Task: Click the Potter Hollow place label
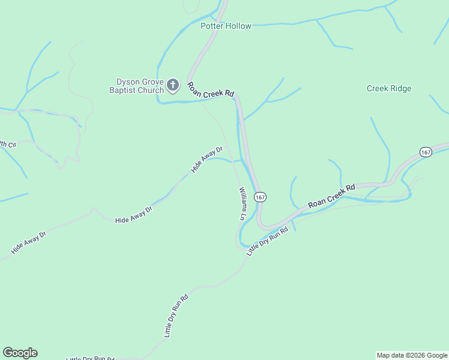(226, 26)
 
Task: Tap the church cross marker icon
(173, 85)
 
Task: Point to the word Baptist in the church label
(123, 90)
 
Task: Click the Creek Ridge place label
(389, 88)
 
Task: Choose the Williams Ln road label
(243, 203)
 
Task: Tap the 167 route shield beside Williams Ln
(260, 197)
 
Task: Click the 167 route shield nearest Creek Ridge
(426, 152)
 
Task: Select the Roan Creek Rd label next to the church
(210, 90)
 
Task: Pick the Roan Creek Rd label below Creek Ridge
(332, 196)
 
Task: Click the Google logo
(20, 353)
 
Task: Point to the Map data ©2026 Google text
(412, 355)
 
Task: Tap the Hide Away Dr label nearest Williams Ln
(207, 160)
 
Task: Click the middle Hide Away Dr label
(134, 215)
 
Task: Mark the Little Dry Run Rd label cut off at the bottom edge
(90, 358)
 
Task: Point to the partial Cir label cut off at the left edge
(7, 144)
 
